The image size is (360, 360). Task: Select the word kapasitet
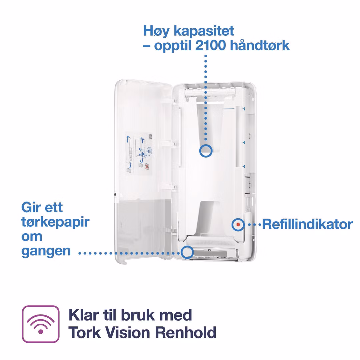point(204,31)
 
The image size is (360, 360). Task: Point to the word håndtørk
point(260,45)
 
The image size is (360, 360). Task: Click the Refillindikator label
point(307,224)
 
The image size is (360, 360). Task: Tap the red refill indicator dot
point(238,225)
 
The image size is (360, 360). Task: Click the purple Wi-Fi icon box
point(41,324)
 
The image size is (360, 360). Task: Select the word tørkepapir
point(55,222)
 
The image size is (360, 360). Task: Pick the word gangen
point(46,251)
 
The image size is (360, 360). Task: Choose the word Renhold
point(186,333)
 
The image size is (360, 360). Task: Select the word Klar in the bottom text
point(84,315)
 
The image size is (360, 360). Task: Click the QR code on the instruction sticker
point(150,137)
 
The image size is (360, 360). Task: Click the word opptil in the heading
point(173,46)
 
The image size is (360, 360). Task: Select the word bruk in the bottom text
point(138,315)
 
